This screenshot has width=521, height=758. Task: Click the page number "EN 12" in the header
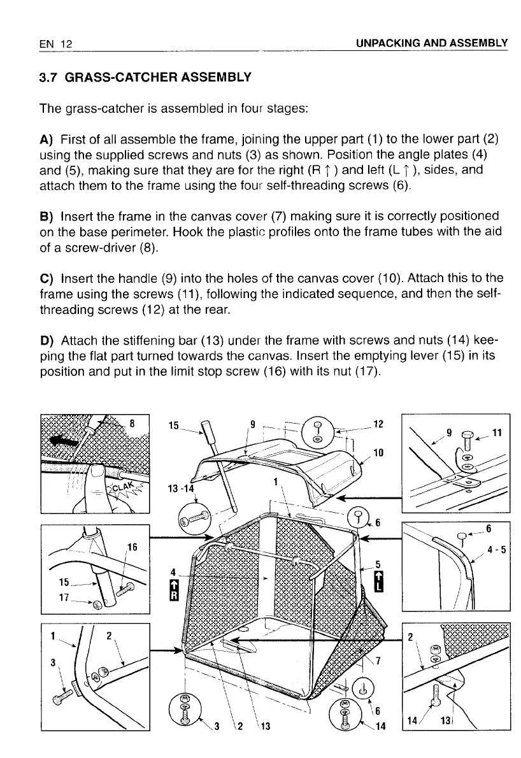[x=55, y=43]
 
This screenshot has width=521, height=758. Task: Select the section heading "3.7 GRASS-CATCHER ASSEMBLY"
[x=145, y=78]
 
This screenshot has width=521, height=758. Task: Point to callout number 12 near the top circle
[x=378, y=423]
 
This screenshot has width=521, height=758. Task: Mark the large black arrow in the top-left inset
[x=67, y=441]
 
